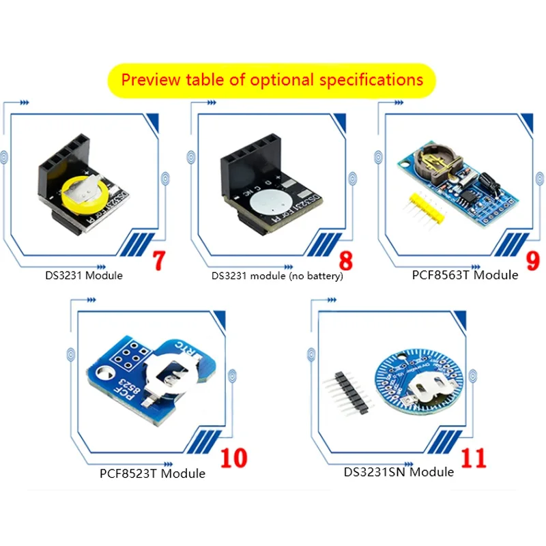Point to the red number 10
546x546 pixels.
click(x=233, y=457)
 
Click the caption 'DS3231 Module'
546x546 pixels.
click(x=84, y=276)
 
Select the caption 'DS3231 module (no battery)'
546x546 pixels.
click(x=277, y=276)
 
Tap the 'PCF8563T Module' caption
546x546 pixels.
click(x=465, y=275)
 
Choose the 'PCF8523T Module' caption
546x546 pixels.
click(x=152, y=472)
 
